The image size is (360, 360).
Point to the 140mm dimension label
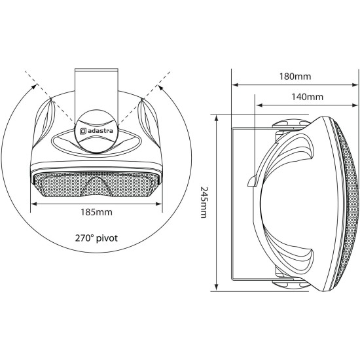[x=304, y=97]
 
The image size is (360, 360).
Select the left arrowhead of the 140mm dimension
[x=258, y=104]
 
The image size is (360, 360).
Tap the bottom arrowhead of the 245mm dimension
[x=217, y=287]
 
